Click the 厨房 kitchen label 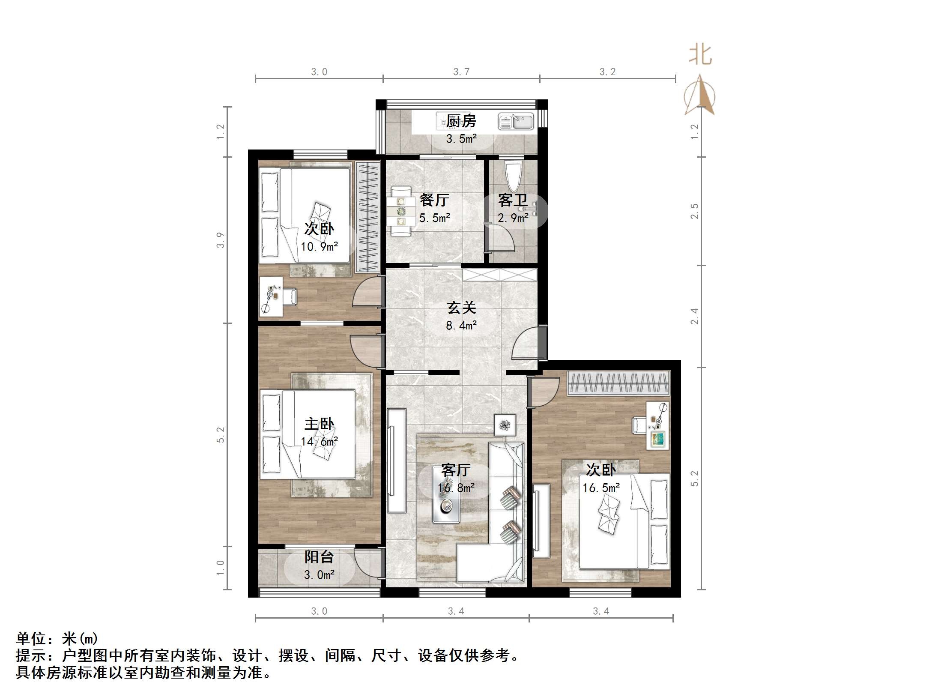(461, 121)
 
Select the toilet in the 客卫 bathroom (513, 176)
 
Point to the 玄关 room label (461, 308)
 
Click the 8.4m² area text (461, 326)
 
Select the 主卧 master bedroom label (319, 424)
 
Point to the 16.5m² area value (601, 488)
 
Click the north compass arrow (699, 96)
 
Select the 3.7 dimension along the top (461, 72)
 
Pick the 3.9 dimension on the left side (220, 240)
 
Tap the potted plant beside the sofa (505, 425)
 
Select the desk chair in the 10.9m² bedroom (290, 296)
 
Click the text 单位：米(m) (57, 639)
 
